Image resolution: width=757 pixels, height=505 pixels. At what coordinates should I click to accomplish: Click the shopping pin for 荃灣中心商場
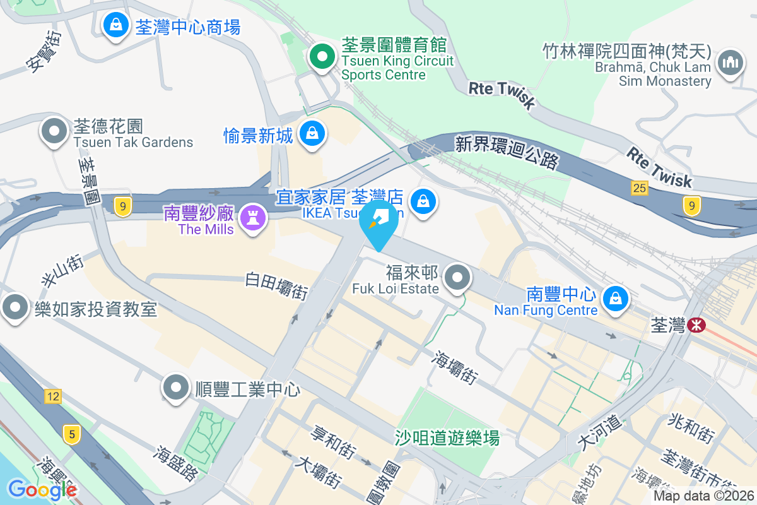pyautogui.click(x=115, y=25)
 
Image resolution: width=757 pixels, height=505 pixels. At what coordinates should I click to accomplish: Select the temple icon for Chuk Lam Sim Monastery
pyautogui.click(x=731, y=64)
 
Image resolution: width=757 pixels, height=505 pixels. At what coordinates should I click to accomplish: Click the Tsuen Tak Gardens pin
pyautogui.click(x=54, y=132)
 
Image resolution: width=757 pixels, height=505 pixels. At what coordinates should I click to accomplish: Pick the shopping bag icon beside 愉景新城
pyautogui.click(x=312, y=133)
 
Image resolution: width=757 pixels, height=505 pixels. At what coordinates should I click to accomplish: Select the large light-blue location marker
pyautogui.click(x=379, y=222)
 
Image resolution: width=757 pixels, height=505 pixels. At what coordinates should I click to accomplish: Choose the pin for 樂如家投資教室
pyautogui.click(x=15, y=308)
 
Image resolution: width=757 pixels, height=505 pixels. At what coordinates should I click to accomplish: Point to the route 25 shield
pyautogui.click(x=638, y=187)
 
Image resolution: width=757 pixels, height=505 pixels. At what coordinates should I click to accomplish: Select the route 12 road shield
pyautogui.click(x=53, y=396)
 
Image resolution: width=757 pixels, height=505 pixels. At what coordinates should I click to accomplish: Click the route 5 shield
pyautogui.click(x=72, y=434)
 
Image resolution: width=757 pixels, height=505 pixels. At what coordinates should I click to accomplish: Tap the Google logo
pyautogui.click(x=42, y=490)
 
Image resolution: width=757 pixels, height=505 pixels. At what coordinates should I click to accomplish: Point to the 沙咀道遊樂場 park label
pyautogui.click(x=447, y=437)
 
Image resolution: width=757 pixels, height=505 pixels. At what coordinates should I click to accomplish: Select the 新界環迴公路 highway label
pyautogui.click(x=507, y=153)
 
